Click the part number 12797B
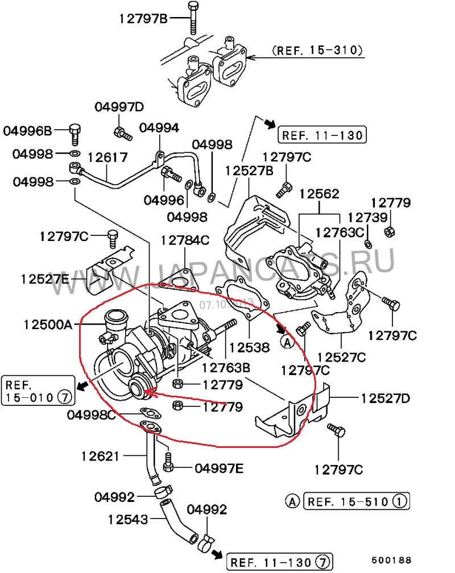143,18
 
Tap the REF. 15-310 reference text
317,50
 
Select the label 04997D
119,107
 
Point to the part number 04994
159,128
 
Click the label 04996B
27,131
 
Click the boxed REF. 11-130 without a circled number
321,135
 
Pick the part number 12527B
249,170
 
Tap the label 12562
318,193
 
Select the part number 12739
367,217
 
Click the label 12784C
185,240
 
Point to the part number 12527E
45,279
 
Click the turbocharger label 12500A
48,325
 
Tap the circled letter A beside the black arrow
287,341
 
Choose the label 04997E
219,468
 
